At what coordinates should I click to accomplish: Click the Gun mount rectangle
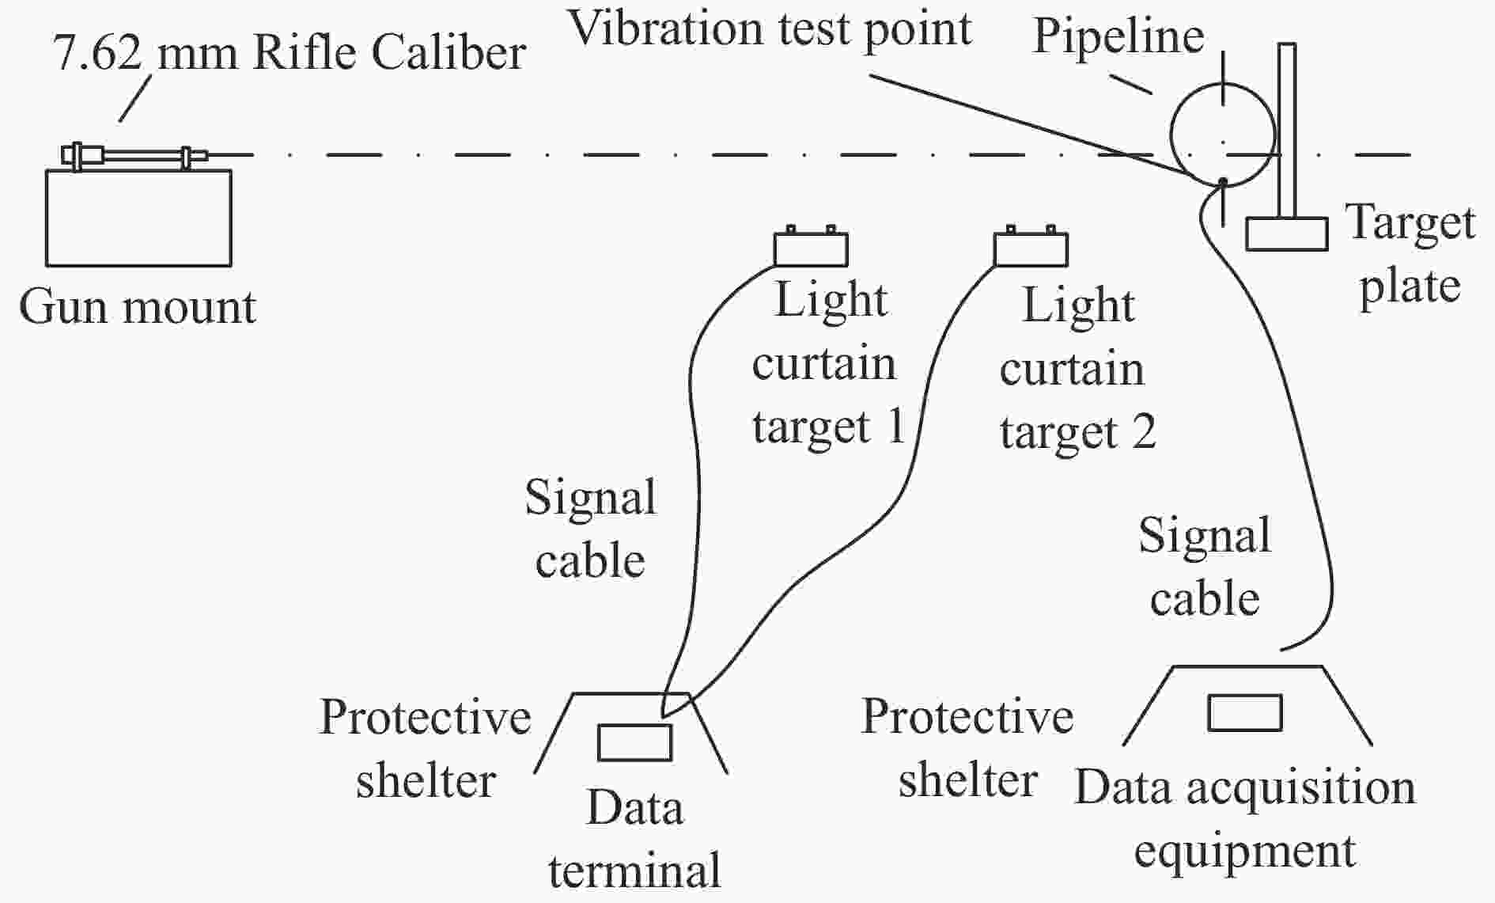tap(138, 218)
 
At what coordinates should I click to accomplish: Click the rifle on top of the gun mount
tap(134, 155)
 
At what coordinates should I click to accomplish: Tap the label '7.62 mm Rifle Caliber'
tap(290, 54)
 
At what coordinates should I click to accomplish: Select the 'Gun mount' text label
tap(138, 307)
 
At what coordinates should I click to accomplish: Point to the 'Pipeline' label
tap(1118, 36)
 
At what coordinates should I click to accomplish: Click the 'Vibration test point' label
tap(770, 29)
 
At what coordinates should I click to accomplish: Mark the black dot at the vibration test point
tap(1223, 181)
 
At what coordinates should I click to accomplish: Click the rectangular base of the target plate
tap(1287, 234)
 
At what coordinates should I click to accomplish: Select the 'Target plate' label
tap(1410, 253)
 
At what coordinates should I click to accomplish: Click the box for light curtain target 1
tap(811, 249)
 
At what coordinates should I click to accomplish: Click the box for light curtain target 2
tap(1031, 249)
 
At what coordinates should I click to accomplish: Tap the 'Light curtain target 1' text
tap(827, 364)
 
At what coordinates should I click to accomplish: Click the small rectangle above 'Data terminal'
tap(634, 742)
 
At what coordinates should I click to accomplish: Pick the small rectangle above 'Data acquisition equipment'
tap(1244, 712)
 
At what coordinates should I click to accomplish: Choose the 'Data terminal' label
tap(634, 839)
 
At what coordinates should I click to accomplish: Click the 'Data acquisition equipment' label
tap(1245, 819)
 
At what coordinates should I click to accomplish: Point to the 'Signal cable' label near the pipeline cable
tap(1205, 567)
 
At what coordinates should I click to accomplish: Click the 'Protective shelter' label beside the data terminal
tap(426, 749)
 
